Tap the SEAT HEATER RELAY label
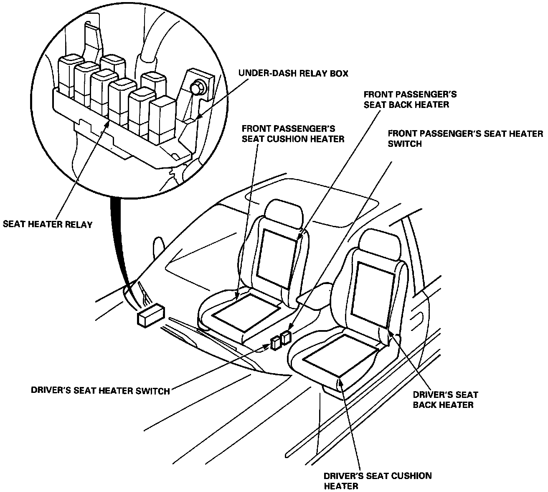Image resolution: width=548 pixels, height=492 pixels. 48,224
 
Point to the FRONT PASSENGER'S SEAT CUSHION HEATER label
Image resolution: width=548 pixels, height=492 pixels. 293,133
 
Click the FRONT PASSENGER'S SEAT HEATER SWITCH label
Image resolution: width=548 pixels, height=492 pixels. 465,138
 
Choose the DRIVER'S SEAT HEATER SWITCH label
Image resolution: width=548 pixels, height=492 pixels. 100,391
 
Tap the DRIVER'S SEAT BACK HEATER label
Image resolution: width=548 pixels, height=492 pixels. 445,399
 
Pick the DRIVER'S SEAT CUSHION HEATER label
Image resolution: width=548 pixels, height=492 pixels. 378,480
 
